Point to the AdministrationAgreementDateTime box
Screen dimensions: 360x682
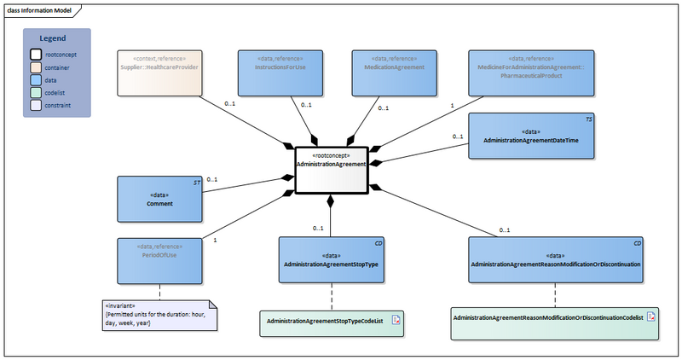point(530,135)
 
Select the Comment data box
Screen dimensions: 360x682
point(159,199)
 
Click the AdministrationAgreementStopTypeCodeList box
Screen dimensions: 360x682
point(331,321)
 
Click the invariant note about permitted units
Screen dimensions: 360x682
point(159,314)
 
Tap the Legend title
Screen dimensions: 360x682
point(57,38)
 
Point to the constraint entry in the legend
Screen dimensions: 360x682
point(57,106)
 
